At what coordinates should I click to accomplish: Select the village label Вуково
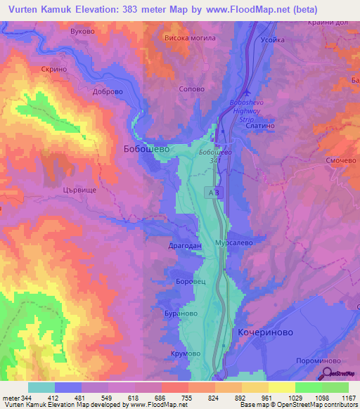pos(83,32)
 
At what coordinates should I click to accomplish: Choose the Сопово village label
pos(192,89)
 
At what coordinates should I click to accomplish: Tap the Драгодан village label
pos(185,246)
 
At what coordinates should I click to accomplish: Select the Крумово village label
pos(185,353)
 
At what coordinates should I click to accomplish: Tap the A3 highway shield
pos(213,191)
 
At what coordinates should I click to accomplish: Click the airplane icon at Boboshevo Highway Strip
pos(245,92)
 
